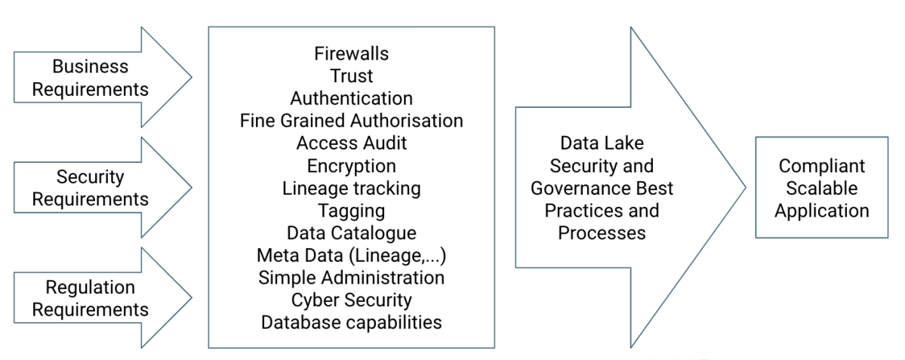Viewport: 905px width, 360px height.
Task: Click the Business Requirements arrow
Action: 91,78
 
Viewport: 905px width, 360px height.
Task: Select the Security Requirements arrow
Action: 91,188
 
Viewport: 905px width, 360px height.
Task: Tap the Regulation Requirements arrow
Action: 91,298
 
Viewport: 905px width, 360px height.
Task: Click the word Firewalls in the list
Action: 351,54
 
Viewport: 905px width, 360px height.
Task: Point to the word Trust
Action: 351,76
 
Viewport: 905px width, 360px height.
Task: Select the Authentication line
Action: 351,99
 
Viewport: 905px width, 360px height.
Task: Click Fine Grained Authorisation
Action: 351,121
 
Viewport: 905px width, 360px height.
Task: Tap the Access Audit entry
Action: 351,143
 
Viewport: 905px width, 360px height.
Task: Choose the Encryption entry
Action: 351,165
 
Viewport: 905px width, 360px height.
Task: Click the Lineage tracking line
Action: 351,188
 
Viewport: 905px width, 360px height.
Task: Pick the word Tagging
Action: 351,210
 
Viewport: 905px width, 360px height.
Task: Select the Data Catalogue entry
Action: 351,232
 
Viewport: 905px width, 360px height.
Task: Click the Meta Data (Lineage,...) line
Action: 351,255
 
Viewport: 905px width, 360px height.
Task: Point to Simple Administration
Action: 351,277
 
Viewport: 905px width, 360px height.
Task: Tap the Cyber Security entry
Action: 351,300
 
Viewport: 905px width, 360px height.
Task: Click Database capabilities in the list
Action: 351,322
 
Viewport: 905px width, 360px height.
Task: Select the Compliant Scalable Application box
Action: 821,188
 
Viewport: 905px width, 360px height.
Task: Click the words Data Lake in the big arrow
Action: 602,143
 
